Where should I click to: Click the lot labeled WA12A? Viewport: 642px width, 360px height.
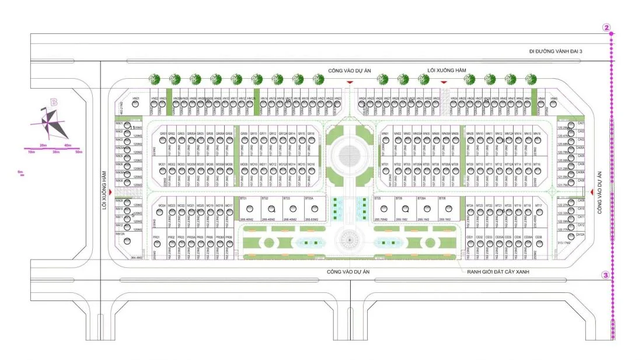tap(130, 239)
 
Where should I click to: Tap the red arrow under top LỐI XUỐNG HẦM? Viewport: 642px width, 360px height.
tap(444, 83)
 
